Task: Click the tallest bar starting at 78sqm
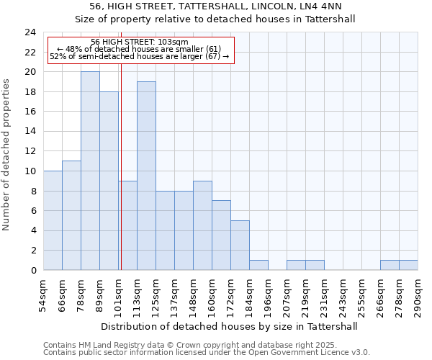90,171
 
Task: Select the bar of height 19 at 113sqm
146,176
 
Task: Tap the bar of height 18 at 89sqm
109,181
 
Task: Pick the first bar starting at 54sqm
53,220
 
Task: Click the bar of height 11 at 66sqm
71,215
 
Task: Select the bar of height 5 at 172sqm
240,245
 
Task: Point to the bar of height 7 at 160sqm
221,235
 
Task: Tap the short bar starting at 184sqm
258,265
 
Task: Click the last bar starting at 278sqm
408,265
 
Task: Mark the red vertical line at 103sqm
121,166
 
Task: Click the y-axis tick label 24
30,32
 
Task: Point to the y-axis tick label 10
30,171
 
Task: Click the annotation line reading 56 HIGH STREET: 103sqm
140,42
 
